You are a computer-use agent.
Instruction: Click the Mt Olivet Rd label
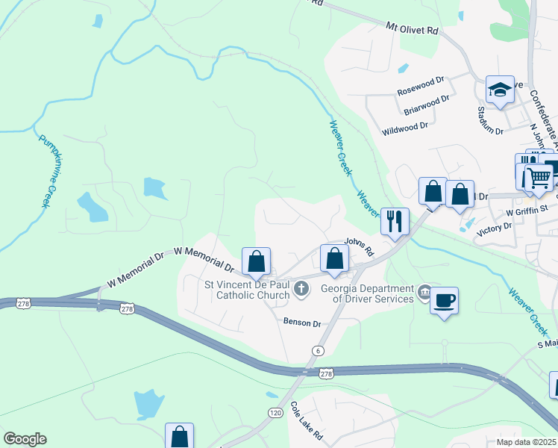[x=413, y=28]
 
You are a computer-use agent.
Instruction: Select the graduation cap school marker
[x=500, y=91]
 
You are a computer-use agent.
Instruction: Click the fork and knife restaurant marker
[x=395, y=221]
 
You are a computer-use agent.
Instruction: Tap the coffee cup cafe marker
[x=444, y=301]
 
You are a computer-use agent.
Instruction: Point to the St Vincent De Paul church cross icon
[x=301, y=289]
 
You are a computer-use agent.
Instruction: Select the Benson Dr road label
[x=301, y=323]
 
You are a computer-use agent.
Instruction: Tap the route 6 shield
[x=319, y=351]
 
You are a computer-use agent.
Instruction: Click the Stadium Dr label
[x=490, y=120]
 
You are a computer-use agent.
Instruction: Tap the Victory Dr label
[x=494, y=227]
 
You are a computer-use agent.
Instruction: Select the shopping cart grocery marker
[x=538, y=178]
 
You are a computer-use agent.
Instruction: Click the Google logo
[x=25, y=439]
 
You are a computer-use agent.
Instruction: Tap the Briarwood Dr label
[x=427, y=105]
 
